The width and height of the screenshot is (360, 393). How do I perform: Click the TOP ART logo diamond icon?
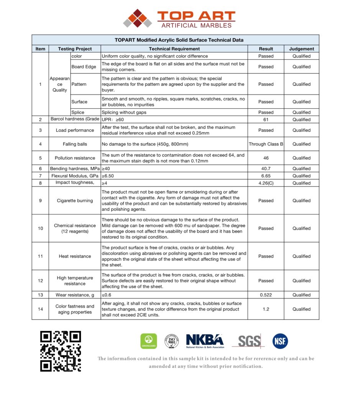pos(137,18)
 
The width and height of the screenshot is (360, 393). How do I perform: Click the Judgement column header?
pos(301,49)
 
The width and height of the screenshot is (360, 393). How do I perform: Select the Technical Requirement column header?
pos(174,49)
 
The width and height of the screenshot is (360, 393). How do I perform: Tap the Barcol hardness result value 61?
pos(266,120)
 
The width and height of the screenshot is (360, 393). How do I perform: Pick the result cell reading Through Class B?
pos(266,144)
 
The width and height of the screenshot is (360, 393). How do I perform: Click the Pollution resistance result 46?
pos(266,158)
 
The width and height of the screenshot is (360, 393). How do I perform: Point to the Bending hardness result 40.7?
pos(266,168)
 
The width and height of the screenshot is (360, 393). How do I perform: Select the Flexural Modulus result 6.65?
pos(266,176)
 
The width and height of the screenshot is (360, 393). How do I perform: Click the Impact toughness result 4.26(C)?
pos(266,183)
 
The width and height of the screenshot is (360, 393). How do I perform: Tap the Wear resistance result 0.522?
pos(266,295)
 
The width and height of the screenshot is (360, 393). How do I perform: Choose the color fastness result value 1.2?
pos(266,309)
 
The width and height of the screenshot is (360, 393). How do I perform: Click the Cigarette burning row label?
pos(75,200)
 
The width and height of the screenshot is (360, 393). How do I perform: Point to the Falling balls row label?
pos(75,144)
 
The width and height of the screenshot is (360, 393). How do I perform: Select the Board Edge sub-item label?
pos(84,67)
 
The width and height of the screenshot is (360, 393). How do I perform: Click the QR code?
pos(61,351)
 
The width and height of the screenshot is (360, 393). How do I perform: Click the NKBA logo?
pos(205,341)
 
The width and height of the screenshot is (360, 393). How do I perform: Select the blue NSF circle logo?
pos(280,341)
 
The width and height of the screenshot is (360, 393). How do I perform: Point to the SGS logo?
pos(248,341)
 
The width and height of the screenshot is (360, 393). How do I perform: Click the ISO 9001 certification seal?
pos(172,341)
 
